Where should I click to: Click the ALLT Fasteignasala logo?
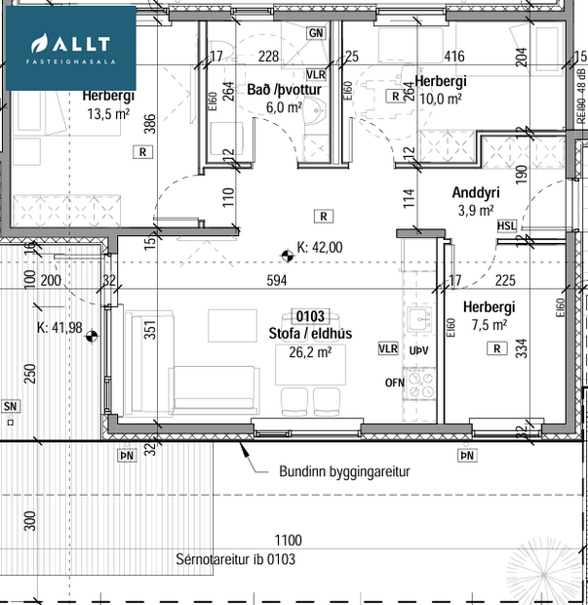(70, 48)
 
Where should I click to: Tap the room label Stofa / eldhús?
(310, 334)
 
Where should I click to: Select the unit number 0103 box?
(310, 316)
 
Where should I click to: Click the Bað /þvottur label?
(284, 90)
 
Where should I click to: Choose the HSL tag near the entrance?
(507, 226)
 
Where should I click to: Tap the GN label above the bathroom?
(315, 33)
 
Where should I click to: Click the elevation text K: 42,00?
(320, 248)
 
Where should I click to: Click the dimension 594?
(278, 281)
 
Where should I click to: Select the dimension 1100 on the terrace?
(288, 540)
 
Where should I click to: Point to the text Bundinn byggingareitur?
(344, 471)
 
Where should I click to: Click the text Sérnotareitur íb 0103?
(235, 559)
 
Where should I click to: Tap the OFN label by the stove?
(394, 383)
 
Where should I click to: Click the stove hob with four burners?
(422, 382)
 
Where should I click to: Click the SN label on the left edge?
(11, 406)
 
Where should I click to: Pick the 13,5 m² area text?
(108, 113)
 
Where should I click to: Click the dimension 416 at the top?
(453, 57)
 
